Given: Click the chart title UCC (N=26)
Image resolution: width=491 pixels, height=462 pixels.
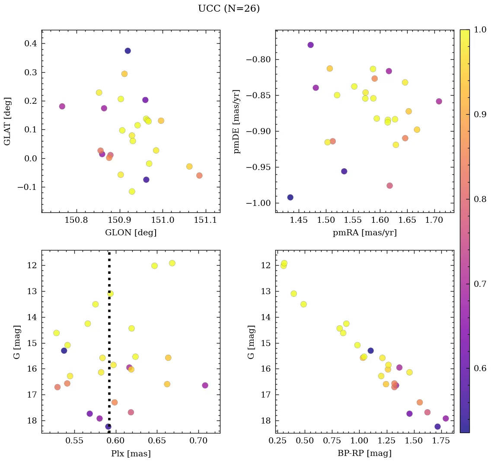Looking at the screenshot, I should (229, 9).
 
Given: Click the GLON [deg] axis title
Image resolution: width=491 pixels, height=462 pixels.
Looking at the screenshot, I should (131, 233).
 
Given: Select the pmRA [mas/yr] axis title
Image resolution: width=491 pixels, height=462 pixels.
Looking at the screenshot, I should (364, 233).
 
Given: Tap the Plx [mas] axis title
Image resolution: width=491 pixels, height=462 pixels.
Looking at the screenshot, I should (131, 453).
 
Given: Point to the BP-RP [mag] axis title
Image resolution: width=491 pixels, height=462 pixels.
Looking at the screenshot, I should (364, 453).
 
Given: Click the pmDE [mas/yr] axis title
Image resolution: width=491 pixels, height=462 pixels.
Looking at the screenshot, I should (237, 122).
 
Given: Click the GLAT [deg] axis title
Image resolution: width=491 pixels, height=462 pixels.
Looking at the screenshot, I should (7, 121).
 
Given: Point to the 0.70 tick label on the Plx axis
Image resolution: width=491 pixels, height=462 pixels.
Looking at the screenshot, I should (199, 441).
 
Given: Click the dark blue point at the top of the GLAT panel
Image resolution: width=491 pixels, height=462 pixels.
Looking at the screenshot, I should (128, 51).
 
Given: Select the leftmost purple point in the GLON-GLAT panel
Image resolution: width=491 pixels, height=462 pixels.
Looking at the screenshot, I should (62, 106).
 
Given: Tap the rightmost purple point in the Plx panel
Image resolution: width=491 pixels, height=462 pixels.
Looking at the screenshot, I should (205, 385).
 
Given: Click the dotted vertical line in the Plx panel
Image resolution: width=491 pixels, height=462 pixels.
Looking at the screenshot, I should (109, 324).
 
